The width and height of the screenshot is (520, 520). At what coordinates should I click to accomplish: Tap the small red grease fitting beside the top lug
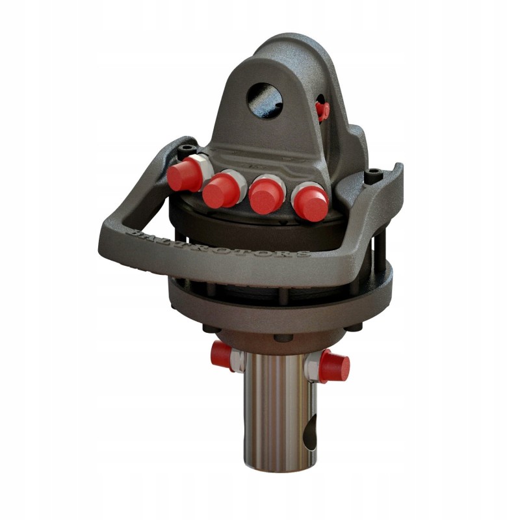coord(322,109)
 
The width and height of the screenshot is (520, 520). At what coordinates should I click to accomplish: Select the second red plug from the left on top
coord(221,190)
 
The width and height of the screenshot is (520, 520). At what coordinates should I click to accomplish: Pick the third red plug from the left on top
coord(266,194)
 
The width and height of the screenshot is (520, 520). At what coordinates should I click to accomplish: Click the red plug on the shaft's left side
coord(222,356)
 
